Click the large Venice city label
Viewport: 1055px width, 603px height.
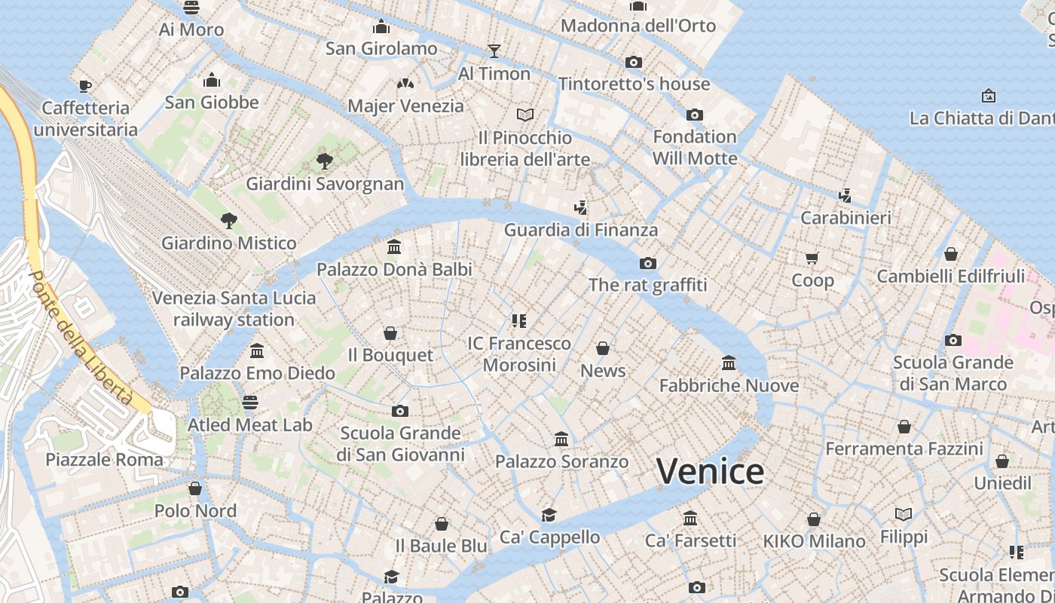coord(710,472)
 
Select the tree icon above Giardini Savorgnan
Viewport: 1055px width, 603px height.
coord(325,161)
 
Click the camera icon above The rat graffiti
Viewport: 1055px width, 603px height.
coord(647,263)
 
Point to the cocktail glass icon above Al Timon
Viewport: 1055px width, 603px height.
coord(494,51)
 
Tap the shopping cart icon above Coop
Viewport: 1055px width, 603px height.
coord(812,258)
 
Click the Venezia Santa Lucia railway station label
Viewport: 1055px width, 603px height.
coord(234,309)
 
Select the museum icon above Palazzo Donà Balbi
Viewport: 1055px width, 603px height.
coord(393,247)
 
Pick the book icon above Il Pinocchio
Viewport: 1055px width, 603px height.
coord(525,115)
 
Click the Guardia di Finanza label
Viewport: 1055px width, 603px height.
coord(580,230)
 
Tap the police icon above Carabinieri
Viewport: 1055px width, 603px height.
coord(845,196)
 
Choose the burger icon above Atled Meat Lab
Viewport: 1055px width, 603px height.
coord(250,403)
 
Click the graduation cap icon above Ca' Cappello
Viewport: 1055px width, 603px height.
coord(549,515)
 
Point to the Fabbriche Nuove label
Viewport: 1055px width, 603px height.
coord(729,386)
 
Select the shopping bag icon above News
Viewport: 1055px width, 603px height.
coord(603,348)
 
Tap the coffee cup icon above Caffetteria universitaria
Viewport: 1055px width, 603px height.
coord(85,86)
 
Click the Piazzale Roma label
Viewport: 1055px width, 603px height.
coord(104,460)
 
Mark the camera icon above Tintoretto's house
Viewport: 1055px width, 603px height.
coord(634,62)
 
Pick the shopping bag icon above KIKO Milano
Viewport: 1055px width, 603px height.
coord(814,519)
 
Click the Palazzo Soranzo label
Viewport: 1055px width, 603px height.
coord(561,461)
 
